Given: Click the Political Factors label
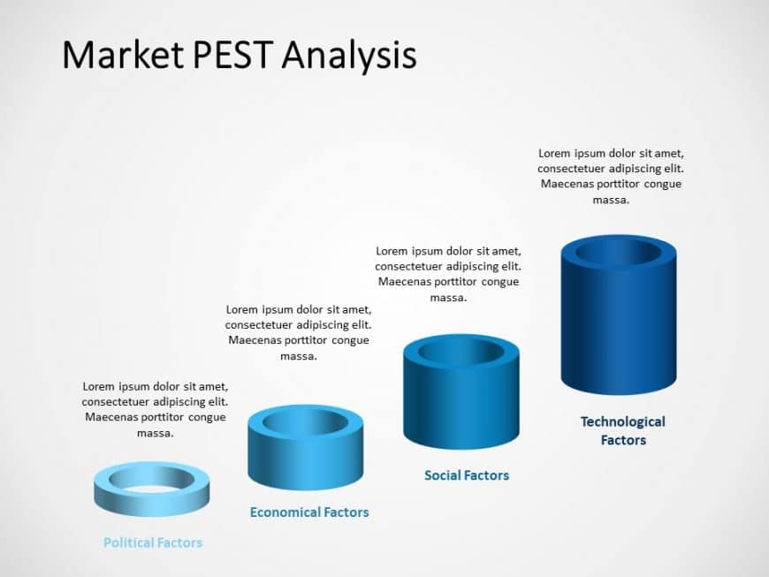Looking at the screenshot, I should pos(153,543).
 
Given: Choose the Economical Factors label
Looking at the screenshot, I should pos(309,512).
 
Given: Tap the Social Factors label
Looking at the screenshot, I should pos(467,475).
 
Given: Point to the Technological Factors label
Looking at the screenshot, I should pos(623,430).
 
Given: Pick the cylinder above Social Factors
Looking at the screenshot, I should pos(461,406).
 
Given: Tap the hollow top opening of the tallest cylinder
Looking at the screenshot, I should pos(619,253).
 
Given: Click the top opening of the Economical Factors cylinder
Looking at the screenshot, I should pos(306,421).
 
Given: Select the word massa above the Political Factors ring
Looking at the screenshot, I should pos(155,433).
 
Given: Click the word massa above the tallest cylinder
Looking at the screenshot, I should pos(611,200).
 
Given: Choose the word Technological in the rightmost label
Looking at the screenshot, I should pos(623,421).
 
